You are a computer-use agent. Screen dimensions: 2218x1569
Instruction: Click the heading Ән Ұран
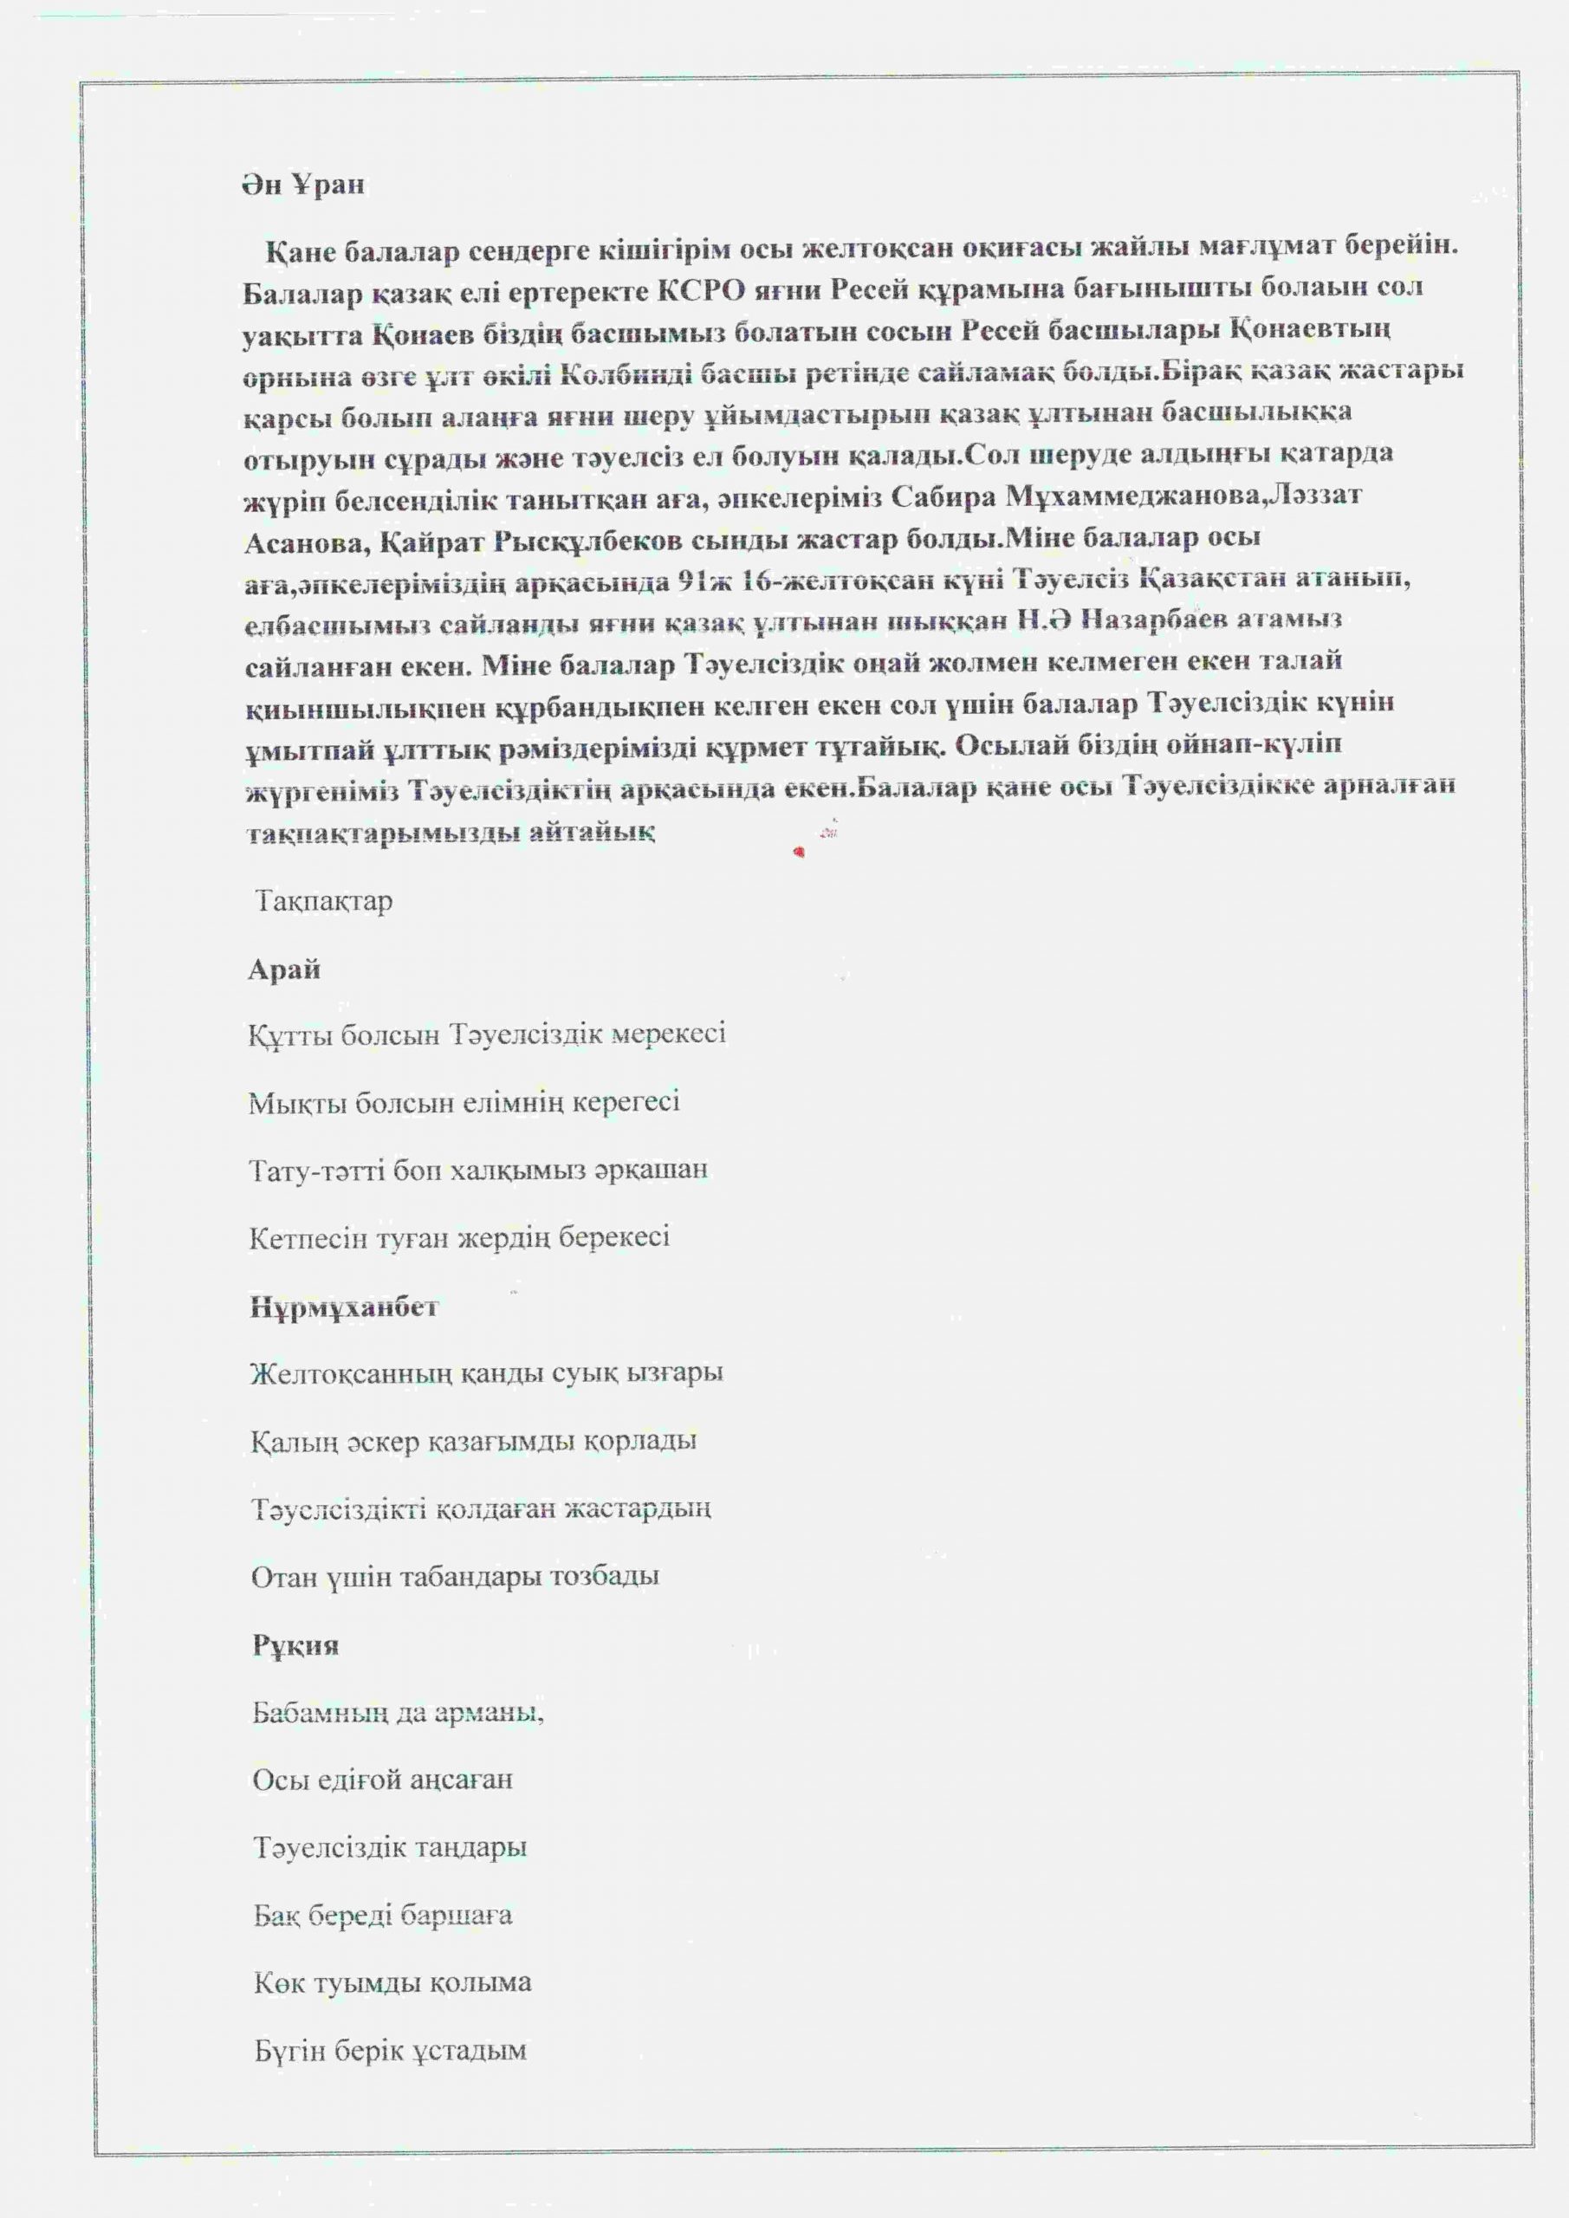click(303, 184)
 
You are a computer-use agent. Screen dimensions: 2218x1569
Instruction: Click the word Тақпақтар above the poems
click(324, 902)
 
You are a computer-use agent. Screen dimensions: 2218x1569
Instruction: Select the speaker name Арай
click(284, 970)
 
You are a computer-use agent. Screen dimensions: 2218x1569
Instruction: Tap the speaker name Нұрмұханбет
click(344, 1308)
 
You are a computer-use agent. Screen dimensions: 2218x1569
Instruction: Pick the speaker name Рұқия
click(295, 1645)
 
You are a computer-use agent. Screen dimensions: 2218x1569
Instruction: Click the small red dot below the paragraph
click(798, 851)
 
